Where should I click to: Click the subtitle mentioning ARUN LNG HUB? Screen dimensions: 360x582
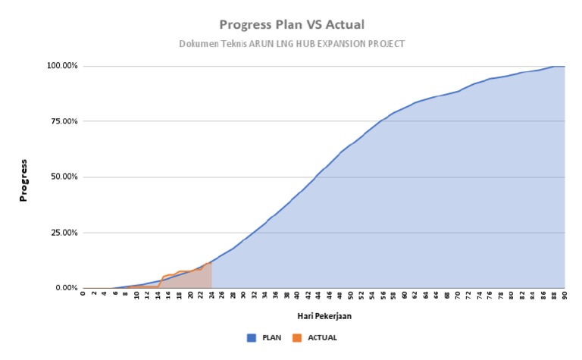pyautogui.click(x=292, y=44)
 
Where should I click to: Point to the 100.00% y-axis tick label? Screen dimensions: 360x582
pyautogui.click(x=63, y=66)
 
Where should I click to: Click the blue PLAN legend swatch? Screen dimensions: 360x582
pyautogui.click(x=252, y=337)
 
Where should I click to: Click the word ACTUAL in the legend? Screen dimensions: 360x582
pyautogui.click(x=322, y=337)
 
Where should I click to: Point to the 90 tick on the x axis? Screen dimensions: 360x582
pyautogui.click(x=565, y=296)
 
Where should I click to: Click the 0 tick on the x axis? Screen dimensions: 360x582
pyautogui.click(x=83, y=296)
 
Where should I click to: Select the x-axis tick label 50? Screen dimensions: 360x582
pyautogui.click(x=351, y=296)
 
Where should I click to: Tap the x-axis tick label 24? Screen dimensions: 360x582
pyautogui.click(x=211, y=296)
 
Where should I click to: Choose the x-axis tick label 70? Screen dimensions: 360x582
pyautogui.click(x=458, y=296)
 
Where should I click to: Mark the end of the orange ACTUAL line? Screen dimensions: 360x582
pyautogui.click(x=211, y=262)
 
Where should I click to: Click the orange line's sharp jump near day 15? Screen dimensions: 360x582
pyautogui.click(x=161, y=281)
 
